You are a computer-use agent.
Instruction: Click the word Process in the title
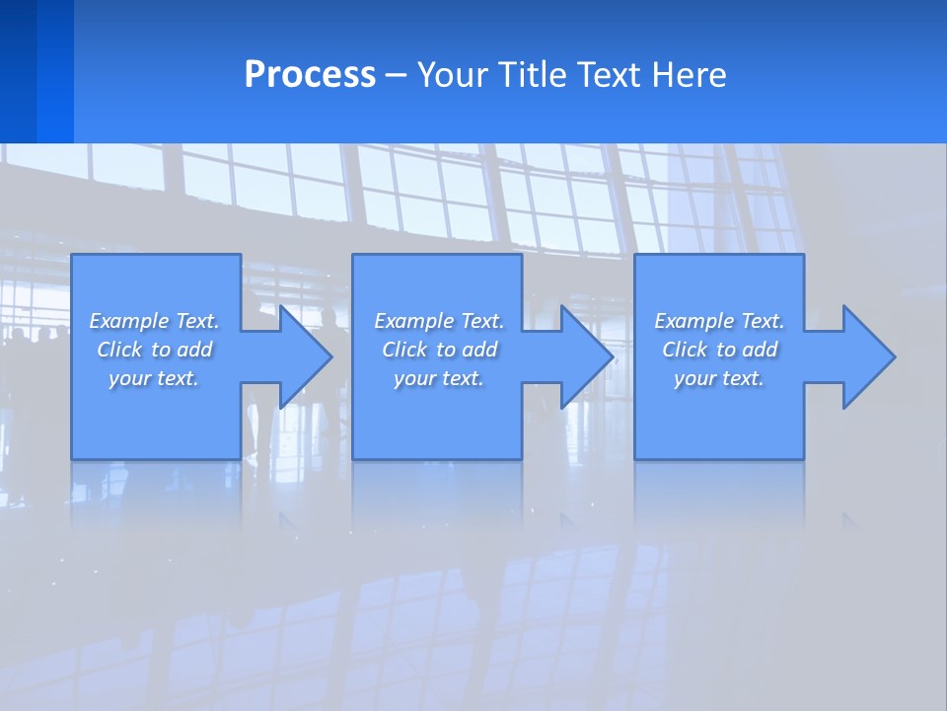point(310,75)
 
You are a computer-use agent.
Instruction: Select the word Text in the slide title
point(610,75)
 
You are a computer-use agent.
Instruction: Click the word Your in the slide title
point(452,75)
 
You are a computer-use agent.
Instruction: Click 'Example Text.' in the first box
point(154,321)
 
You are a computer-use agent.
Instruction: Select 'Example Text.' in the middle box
point(439,321)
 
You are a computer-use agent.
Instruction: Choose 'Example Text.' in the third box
point(719,321)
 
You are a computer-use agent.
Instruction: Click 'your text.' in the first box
point(154,378)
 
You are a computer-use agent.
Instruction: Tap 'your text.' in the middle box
point(439,378)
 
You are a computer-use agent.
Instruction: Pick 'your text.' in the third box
point(719,378)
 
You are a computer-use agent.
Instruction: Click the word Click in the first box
point(119,350)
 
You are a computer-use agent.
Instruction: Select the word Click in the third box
point(685,350)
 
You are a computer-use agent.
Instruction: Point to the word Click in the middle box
point(404,350)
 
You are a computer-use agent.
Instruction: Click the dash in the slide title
point(397,75)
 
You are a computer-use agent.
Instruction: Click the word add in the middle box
point(479,350)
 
